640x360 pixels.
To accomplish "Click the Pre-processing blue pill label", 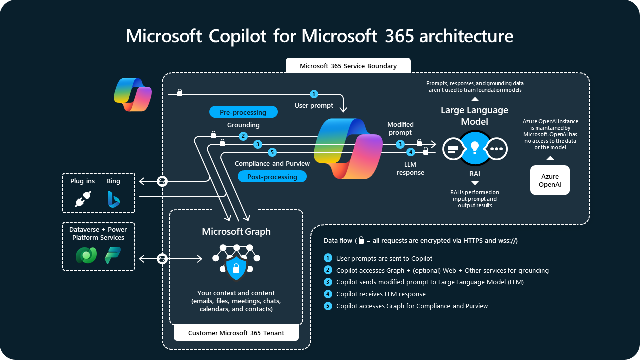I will (243, 112).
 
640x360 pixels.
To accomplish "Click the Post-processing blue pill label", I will (272, 177).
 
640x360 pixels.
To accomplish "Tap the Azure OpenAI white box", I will (550, 180).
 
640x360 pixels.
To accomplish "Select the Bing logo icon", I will (114, 199).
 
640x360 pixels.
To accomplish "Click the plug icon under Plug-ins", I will (82, 199).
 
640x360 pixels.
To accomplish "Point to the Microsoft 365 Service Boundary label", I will (348, 66).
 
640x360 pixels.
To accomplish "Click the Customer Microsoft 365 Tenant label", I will (236, 333).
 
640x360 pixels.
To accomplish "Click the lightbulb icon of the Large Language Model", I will (475, 148).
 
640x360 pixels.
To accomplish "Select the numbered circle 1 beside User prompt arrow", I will (314, 94).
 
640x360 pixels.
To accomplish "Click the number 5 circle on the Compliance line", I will (272, 152).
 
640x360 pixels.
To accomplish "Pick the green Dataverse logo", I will (86, 255).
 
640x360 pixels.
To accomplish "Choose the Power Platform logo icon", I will (113, 255).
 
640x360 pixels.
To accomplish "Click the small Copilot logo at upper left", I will (132, 94).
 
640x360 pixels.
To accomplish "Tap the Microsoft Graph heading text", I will (236, 231).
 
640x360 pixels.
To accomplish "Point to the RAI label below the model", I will (475, 174).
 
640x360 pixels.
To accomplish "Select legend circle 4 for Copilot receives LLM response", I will (328, 294).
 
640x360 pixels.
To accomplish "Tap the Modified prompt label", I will (400, 128).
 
